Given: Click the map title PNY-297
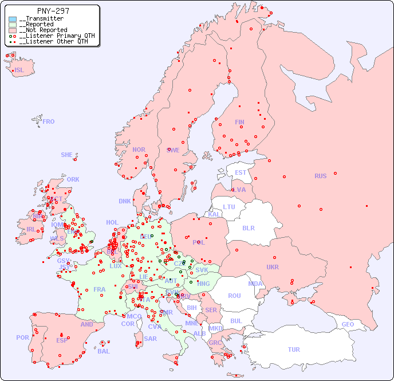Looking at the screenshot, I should (53, 11).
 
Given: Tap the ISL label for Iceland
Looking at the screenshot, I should (19, 70).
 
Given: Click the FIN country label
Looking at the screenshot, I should (239, 122).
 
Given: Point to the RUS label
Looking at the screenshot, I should (320, 176).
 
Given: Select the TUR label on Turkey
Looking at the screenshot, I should (294, 349).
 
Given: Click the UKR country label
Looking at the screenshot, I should (273, 267).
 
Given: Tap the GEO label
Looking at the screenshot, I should (348, 324).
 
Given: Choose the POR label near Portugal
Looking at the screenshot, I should (22, 337).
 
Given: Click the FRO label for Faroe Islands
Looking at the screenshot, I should (49, 121).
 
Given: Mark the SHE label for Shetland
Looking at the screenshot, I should (67, 155).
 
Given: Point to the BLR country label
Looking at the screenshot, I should (249, 227).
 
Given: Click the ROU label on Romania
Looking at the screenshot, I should (234, 296).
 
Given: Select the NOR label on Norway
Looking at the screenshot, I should (139, 150).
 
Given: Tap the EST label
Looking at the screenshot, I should (241, 172).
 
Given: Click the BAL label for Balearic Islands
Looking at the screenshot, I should (104, 351).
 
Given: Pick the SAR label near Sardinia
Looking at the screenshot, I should (150, 339).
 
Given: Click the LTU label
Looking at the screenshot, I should (229, 207).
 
